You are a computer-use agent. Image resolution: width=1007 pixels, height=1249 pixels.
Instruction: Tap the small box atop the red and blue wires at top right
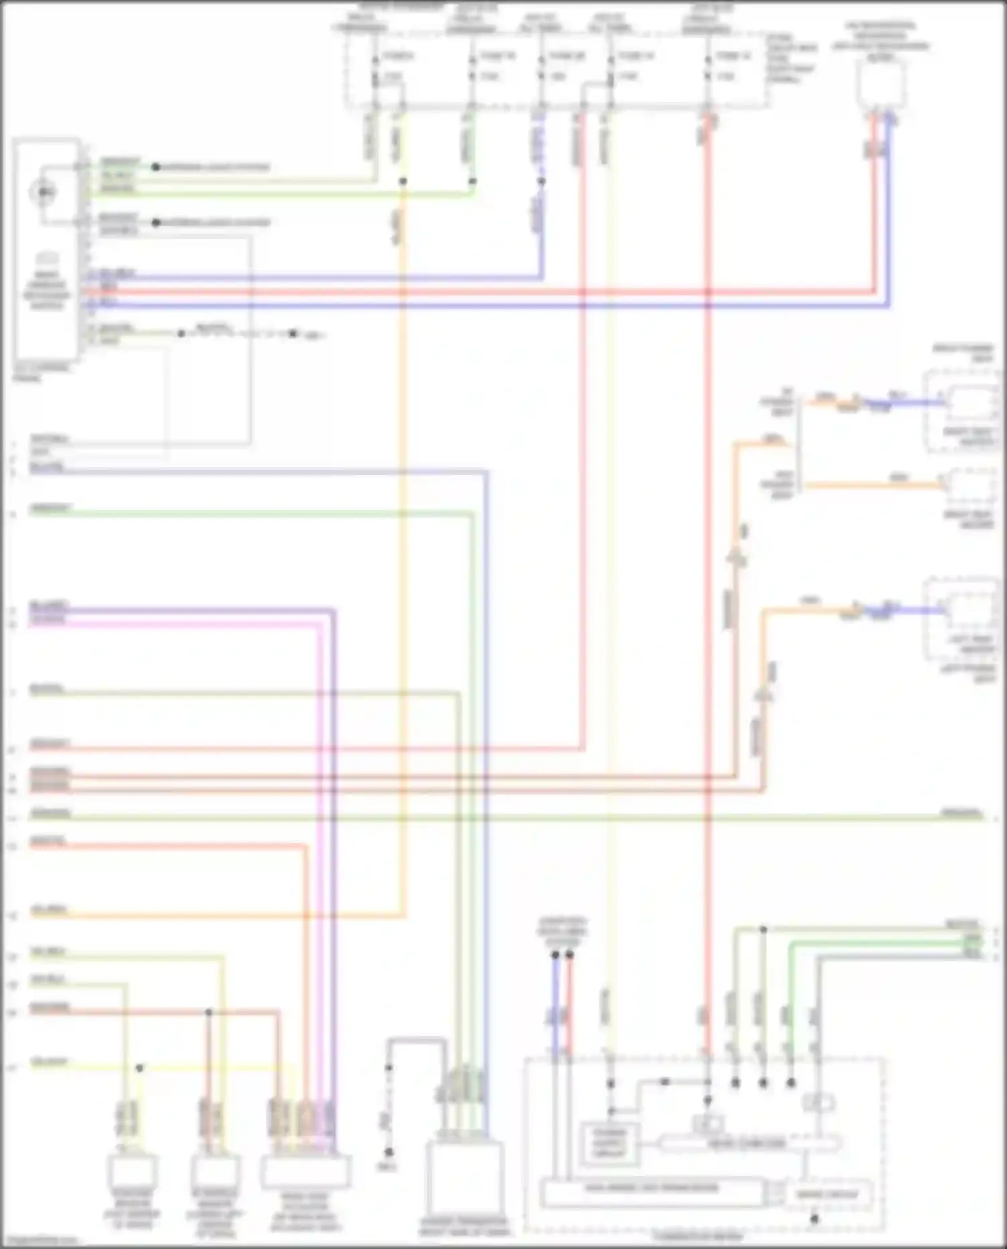click(x=881, y=85)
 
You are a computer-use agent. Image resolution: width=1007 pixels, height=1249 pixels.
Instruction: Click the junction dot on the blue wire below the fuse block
click(x=541, y=181)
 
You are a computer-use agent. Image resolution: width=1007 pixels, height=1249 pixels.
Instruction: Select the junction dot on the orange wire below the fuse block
click(x=403, y=181)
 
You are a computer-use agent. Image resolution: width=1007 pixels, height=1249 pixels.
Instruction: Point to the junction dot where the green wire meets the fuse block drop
click(x=473, y=181)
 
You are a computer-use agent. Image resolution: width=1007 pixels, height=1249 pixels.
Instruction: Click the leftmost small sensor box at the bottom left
click(x=132, y=1171)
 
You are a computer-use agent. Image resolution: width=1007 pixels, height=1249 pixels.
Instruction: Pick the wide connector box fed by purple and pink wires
click(x=305, y=1171)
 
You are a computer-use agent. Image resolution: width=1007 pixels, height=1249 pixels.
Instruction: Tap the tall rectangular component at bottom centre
click(x=465, y=1178)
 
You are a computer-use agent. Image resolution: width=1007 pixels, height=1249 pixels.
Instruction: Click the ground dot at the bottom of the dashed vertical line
click(x=389, y=1152)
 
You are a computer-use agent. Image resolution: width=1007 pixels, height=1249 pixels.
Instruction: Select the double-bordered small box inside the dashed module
click(x=610, y=1143)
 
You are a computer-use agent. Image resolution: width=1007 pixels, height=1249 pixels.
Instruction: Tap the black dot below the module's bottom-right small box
click(x=814, y=1219)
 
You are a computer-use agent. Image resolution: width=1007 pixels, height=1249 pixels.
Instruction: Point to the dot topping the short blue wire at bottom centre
click(x=555, y=954)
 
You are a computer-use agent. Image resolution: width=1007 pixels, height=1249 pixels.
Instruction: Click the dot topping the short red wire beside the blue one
click(x=569, y=954)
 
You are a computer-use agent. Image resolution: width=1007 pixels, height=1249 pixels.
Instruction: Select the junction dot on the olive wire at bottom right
click(x=763, y=930)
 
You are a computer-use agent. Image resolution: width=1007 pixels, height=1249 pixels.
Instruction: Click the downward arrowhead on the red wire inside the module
click(x=707, y=1101)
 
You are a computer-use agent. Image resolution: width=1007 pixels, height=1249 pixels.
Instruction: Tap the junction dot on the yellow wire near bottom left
click(x=140, y=1067)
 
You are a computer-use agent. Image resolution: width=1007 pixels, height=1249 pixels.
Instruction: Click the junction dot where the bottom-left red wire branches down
click(x=209, y=1011)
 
